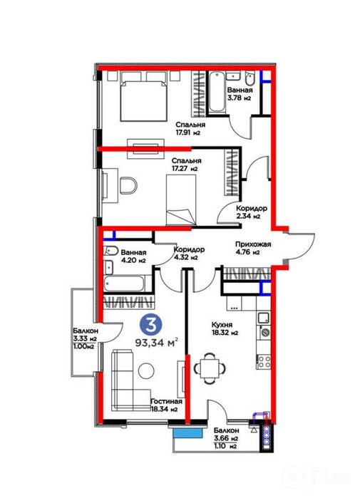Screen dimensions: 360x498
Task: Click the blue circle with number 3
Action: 151,324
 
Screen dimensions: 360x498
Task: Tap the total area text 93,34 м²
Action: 156,343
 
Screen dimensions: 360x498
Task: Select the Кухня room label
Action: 222,325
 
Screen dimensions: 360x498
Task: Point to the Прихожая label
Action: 253,244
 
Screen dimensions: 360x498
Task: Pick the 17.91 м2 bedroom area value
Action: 187,133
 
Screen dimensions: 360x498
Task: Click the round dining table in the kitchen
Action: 210,368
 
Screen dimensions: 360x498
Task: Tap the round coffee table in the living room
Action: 146,370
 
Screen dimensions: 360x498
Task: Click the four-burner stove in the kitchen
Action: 264,361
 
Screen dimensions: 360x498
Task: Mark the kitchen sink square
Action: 264,318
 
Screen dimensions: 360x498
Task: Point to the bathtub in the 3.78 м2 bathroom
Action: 217,92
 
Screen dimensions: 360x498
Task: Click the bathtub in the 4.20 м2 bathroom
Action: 125,284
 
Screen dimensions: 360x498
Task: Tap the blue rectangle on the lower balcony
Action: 187,432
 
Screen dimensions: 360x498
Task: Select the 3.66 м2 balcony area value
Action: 226,439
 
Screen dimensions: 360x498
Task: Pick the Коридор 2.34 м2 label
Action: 251,212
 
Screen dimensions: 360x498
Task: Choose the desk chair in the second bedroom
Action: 129,185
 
